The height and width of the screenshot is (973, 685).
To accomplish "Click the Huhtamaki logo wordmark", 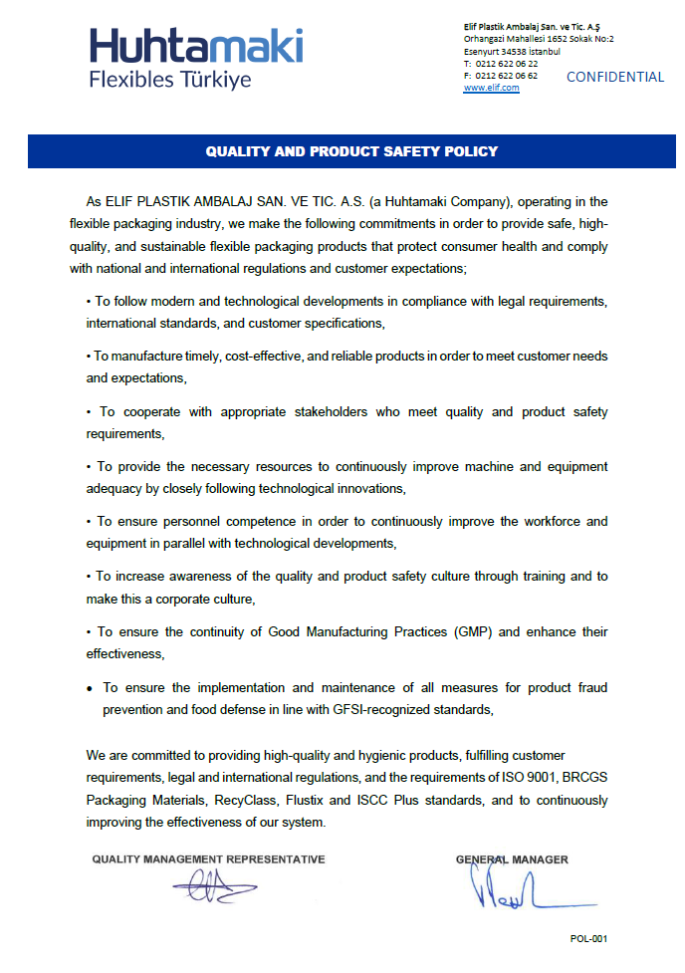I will coord(196,47).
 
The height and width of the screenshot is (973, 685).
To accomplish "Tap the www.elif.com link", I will coord(491,88).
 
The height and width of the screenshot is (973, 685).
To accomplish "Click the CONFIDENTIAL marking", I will coord(614,77).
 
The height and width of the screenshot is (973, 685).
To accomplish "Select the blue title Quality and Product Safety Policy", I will coord(351,152).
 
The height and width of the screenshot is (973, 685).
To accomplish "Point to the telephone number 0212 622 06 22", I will coord(507,64).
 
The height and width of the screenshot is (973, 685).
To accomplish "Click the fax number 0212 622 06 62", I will coord(507,76).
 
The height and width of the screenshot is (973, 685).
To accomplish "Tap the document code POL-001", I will coord(588,939).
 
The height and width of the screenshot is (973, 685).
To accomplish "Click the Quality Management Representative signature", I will coord(213,885).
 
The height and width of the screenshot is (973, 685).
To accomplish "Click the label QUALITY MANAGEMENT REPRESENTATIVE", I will coord(208,858).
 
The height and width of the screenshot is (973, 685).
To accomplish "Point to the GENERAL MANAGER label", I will coord(512,858).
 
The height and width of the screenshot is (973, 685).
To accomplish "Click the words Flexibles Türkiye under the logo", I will coord(170,80).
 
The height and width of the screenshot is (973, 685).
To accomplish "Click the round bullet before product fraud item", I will coord(90,688).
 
